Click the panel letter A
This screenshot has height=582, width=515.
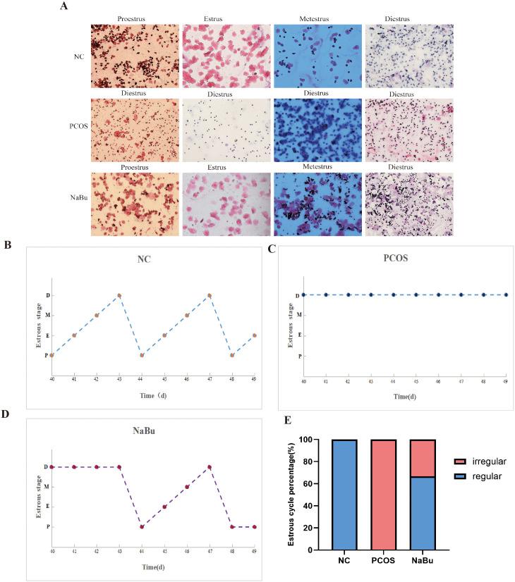(x=64, y=7)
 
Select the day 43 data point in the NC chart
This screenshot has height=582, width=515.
(x=119, y=295)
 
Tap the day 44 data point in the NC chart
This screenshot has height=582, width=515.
(x=142, y=355)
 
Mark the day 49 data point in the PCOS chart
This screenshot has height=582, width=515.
(x=506, y=295)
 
